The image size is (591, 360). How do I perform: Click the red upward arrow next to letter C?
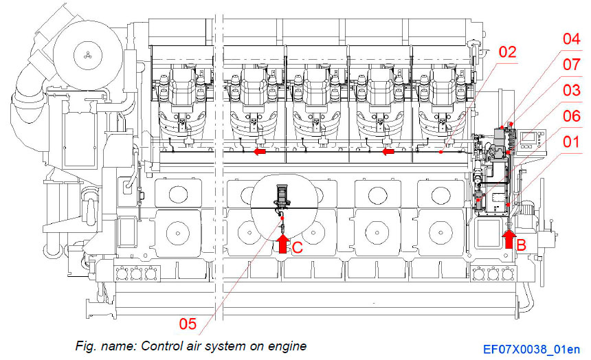pyautogui.click(x=281, y=244)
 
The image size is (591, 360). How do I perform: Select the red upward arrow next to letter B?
pyautogui.click(x=509, y=238)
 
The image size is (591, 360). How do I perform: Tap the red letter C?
pyautogui.click(x=297, y=248)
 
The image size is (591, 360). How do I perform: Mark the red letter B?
pyautogui.click(x=522, y=243)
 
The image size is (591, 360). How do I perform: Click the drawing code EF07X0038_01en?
pyautogui.click(x=531, y=350)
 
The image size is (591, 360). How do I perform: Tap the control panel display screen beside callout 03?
pyautogui.click(x=529, y=137)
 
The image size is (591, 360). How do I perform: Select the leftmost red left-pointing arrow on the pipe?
pyautogui.click(x=259, y=152)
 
